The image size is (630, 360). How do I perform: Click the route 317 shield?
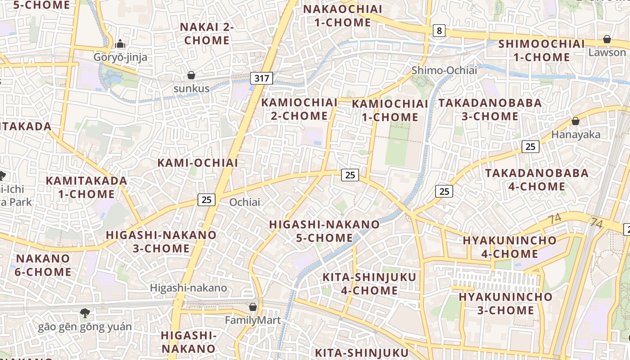[261, 78]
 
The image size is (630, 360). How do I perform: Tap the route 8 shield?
[439, 31]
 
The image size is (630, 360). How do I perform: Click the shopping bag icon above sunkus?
[191, 75]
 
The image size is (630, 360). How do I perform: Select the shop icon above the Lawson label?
[607, 40]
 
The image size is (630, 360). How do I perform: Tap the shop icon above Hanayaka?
[575, 121]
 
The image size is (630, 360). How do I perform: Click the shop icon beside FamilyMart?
[253, 307]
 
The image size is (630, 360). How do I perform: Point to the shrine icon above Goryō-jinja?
[120, 44]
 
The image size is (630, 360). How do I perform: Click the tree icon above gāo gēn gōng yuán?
[85, 313]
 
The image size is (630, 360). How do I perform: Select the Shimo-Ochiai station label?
[444, 70]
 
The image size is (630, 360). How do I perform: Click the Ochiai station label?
[245, 202]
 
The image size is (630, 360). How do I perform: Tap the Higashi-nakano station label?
[189, 288]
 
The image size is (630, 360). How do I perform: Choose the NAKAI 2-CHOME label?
[207, 34]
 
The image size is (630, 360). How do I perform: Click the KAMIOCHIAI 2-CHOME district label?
[299, 109]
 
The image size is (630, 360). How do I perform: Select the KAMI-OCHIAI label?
[198, 163]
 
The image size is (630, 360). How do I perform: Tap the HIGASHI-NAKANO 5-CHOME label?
[324, 231]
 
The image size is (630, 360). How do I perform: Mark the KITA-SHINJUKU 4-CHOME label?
[369, 284]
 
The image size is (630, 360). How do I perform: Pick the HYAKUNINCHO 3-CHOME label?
[505, 304]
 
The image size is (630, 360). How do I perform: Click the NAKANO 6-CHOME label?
[43, 265]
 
